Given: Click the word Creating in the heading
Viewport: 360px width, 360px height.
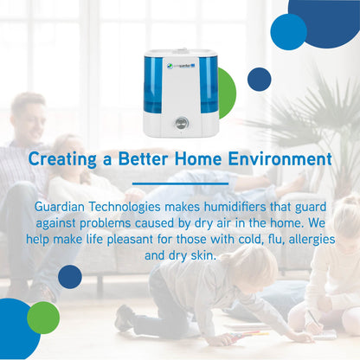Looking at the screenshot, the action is point(62,159).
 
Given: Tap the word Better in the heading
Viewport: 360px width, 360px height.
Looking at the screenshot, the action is point(141,158).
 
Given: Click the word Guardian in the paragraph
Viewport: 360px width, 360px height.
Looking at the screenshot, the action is point(60,207).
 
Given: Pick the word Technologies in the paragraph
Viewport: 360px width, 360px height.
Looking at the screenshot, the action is point(125,207).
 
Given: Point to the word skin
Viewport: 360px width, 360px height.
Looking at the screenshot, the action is point(203,255).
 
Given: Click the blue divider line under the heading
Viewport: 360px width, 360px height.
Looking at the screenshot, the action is point(180,183).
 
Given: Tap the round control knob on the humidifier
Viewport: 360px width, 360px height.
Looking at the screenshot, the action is point(182,123).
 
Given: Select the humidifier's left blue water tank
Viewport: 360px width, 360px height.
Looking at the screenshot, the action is point(153,85).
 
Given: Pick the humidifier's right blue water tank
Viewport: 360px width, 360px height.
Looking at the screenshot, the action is point(209,85).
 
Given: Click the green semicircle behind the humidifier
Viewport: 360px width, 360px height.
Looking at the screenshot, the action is point(228,93).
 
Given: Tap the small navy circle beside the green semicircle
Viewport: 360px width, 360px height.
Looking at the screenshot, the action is point(259,80).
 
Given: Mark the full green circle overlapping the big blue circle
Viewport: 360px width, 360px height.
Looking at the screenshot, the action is point(43,318).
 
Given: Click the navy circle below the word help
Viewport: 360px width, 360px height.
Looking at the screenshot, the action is point(70,277).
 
